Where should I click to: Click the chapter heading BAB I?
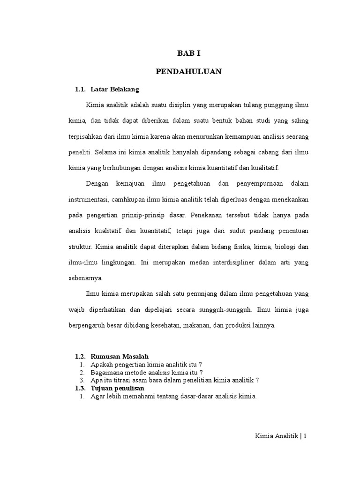[188, 54]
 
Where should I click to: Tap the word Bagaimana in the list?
[108, 373]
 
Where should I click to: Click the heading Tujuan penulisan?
[117, 388]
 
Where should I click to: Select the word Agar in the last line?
[98, 396]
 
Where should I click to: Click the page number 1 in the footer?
[305, 435]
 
